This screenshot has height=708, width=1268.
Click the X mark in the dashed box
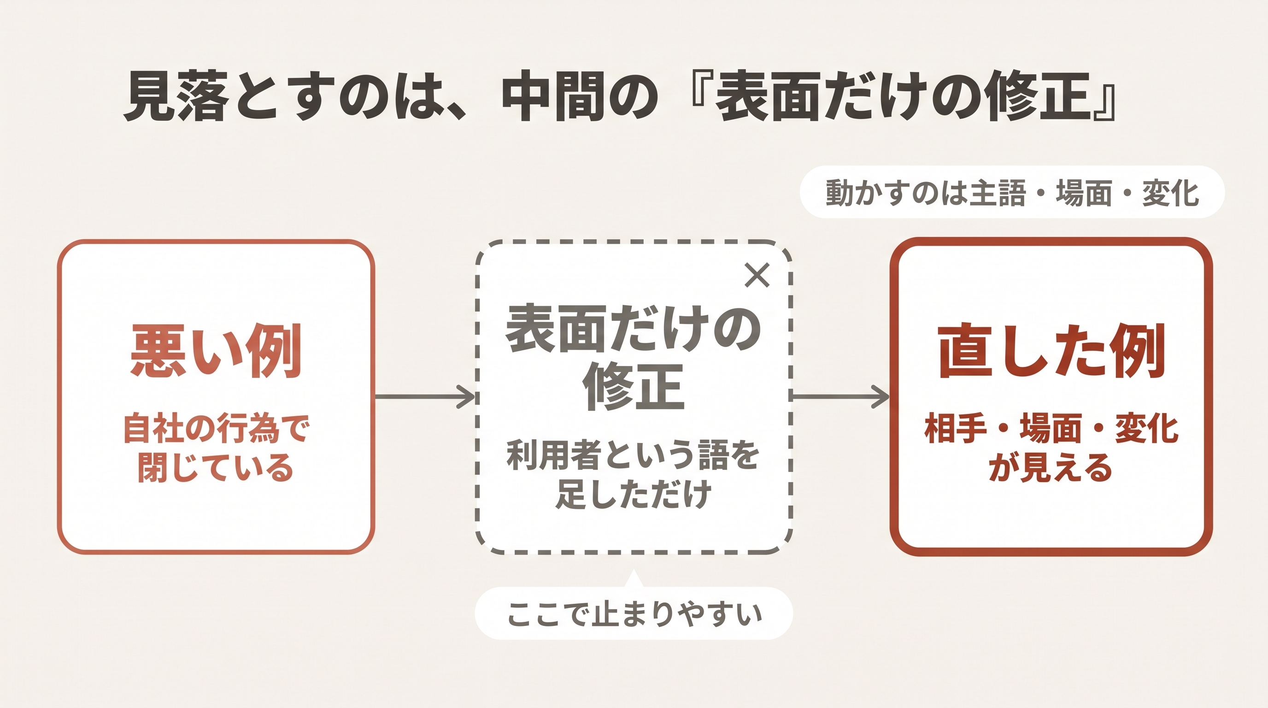(x=757, y=275)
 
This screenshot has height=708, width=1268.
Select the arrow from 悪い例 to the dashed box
(x=425, y=396)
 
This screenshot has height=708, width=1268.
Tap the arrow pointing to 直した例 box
(x=840, y=396)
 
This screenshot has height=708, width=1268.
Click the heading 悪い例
(x=216, y=351)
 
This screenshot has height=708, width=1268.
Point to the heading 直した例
(x=1051, y=351)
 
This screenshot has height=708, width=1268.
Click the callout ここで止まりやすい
(x=634, y=614)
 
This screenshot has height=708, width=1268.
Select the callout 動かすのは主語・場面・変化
(x=1012, y=192)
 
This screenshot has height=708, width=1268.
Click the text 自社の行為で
(x=216, y=428)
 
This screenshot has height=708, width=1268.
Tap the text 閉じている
(x=216, y=467)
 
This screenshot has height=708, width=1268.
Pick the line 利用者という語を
(x=633, y=455)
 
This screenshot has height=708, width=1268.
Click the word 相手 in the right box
(x=956, y=428)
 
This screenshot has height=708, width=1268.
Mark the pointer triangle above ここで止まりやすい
(x=634, y=578)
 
